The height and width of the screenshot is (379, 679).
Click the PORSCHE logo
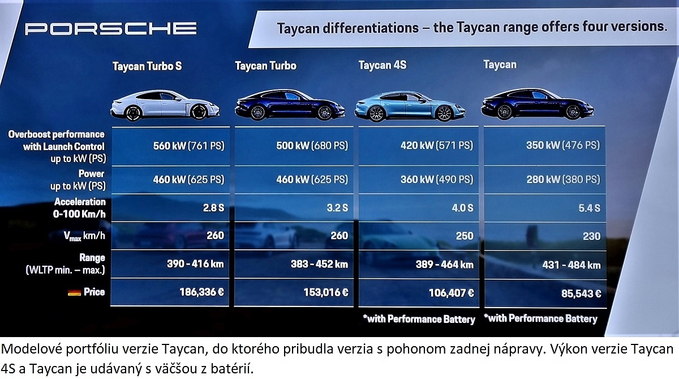tap(111, 29)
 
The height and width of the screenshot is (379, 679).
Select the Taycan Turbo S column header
tap(147, 66)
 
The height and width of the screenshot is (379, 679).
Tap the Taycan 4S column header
tap(383, 65)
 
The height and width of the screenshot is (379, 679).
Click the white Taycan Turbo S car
tap(165, 105)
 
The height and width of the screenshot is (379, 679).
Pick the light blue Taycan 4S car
tap(410, 106)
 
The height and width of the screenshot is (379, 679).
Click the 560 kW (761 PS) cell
tap(188, 146)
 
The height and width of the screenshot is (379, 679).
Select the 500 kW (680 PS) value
tap(312, 146)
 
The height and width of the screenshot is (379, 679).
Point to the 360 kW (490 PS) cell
tap(436, 180)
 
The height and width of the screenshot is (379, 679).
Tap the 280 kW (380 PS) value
tap(563, 180)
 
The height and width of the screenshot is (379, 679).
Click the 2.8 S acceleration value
tap(214, 207)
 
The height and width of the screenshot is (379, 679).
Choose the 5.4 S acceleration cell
tap(589, 208)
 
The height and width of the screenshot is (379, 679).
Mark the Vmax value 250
tap(465, 236)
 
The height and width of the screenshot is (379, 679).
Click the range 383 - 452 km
tap(319, 264)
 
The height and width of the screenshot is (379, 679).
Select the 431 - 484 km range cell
tap(571, 265)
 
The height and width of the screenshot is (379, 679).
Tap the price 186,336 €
tap(202, 292)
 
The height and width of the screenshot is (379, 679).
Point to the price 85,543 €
tap(581, 293)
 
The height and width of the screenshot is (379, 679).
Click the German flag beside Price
tap(74, 292)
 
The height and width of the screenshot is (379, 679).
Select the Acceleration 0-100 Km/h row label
tap(79, 208)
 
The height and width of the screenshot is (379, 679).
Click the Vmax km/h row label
tap(84, 236)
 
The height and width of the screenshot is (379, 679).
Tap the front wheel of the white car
tap(199, 112)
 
